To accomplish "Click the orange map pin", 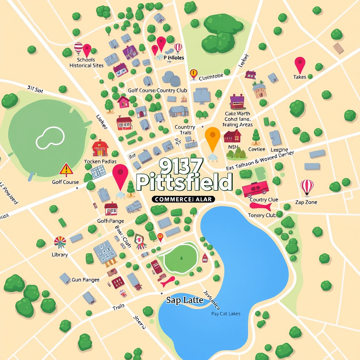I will [x=212, y=136].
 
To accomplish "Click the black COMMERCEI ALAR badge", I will [x=183, y=199].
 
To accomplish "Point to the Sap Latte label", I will [x=185, y=300].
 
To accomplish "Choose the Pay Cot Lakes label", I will [x=226, y=314].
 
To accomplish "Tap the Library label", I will [x=60, y=255].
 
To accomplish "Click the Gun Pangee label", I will [x=85, y=280].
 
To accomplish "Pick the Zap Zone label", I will [x=306, y=202].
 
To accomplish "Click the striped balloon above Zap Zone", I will [x=307, y=186].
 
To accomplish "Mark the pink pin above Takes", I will [x=300, y=64].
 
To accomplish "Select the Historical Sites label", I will [x=86, y=65].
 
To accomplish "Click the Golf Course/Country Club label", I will [x=157, y=90].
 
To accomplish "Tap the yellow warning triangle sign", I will [x=66, y=169].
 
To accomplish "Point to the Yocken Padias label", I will [x=100, y=161].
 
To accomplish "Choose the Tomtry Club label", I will [x=262, y=216].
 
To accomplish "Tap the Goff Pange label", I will [x=110, y=221].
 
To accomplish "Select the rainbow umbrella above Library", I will [x=60, y=242].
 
